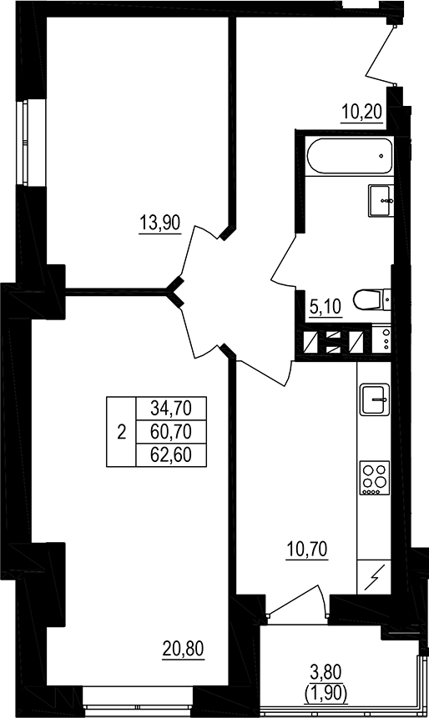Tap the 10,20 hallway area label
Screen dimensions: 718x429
coord(362,112)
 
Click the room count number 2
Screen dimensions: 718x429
coord(122,432)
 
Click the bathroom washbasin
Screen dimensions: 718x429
coord(381,198)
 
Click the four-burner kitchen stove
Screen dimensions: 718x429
coord(373,479)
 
